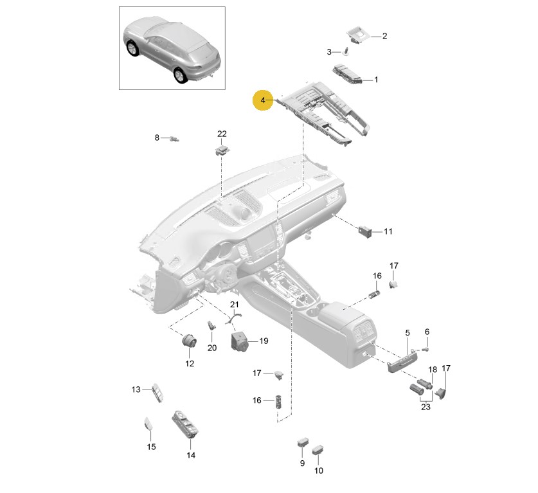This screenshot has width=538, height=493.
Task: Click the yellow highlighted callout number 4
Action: click(x=263, y=100)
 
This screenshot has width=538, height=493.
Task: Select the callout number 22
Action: click(x=222, y=134)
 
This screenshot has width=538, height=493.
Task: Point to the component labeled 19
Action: click(x=240, y=341)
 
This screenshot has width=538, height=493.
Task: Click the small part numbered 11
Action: click(x=365, y=231)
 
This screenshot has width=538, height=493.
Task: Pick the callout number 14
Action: click(x=191, y=455)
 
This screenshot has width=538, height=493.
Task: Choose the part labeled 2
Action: click(x=358, y=36)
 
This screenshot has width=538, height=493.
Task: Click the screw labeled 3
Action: click(x=346, y=51)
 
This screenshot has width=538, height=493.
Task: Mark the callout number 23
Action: click(x=426, y=407)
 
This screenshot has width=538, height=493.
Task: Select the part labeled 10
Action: click(x=318, y=450)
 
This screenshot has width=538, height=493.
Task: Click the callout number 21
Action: click(x=235, y=304)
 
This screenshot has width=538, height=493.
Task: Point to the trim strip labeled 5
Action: click(x=402, y=363)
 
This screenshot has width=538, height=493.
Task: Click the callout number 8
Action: click(x=157, y=138)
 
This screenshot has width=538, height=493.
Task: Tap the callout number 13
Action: click(x=136, y=390)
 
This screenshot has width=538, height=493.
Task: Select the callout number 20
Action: click(x=212, y=348)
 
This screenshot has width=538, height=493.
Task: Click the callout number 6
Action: click(x=427, y=332)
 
